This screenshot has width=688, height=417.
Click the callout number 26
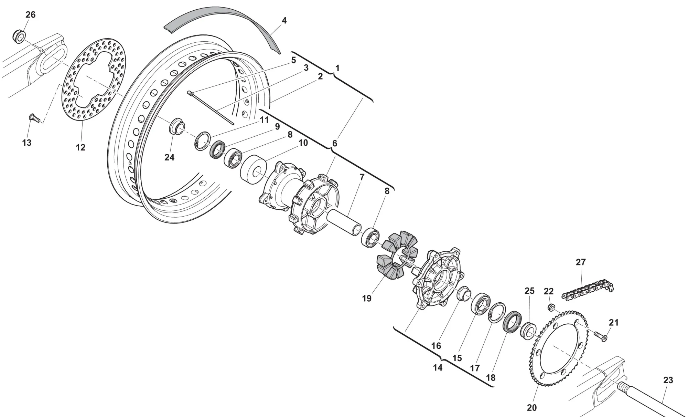coord(31,14)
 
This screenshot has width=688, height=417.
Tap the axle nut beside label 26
coord(20,35)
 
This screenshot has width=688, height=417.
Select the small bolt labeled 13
coord(33,118)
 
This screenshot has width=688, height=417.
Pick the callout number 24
coord(169,157)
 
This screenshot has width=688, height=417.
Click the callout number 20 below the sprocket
coord(531,408)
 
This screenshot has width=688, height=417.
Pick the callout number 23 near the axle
coord(668,380)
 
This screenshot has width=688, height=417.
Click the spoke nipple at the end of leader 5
coord(190,93)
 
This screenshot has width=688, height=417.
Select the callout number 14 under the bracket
coord(438,367)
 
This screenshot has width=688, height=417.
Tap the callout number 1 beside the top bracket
coord(337,68)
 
